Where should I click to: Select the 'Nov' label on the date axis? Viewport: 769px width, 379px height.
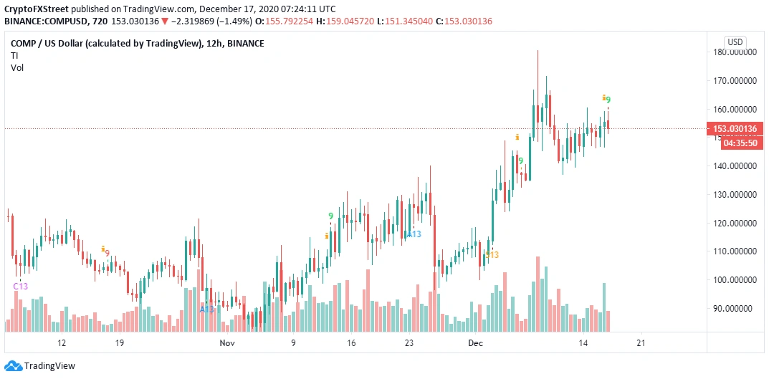tap(227, 343)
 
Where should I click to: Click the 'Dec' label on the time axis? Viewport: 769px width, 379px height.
tap(476, 343)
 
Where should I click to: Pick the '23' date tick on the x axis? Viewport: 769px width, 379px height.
tap(409, 343)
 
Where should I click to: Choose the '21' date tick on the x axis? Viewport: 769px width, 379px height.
tap(641, 343)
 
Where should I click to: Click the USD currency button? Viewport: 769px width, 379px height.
tap(735, 42)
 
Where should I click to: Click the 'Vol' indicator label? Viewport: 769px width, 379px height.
tap(16, 67)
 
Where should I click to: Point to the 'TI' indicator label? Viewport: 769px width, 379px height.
tap(14, 55)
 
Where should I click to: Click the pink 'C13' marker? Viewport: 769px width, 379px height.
tap(21, 287)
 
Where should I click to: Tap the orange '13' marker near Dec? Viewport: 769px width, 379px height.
tap(492, 255)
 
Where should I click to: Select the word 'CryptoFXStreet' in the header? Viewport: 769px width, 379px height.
tap(34, 9)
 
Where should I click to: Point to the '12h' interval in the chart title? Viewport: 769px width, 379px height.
tap(213, 44)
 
